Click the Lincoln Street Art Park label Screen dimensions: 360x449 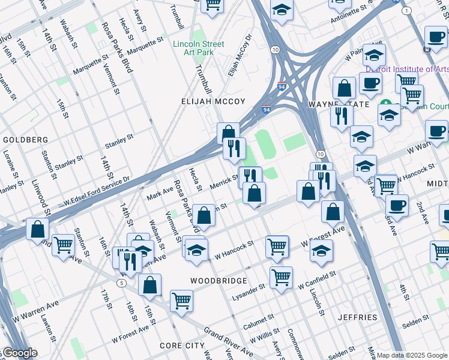pos(198,48)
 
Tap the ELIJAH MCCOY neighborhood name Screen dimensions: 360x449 pos(213,102)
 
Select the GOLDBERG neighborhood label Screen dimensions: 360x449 pos(25,140)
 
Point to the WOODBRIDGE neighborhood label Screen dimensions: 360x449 pos(218,281)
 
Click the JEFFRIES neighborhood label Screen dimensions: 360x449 pos(357,317)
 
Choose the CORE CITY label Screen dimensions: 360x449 pos(182,346)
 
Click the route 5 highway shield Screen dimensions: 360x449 pos(122,283)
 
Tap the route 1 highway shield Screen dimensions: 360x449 pos(408,11)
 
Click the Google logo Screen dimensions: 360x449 pos(19,353)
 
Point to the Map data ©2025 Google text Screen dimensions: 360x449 pos(411,355)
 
